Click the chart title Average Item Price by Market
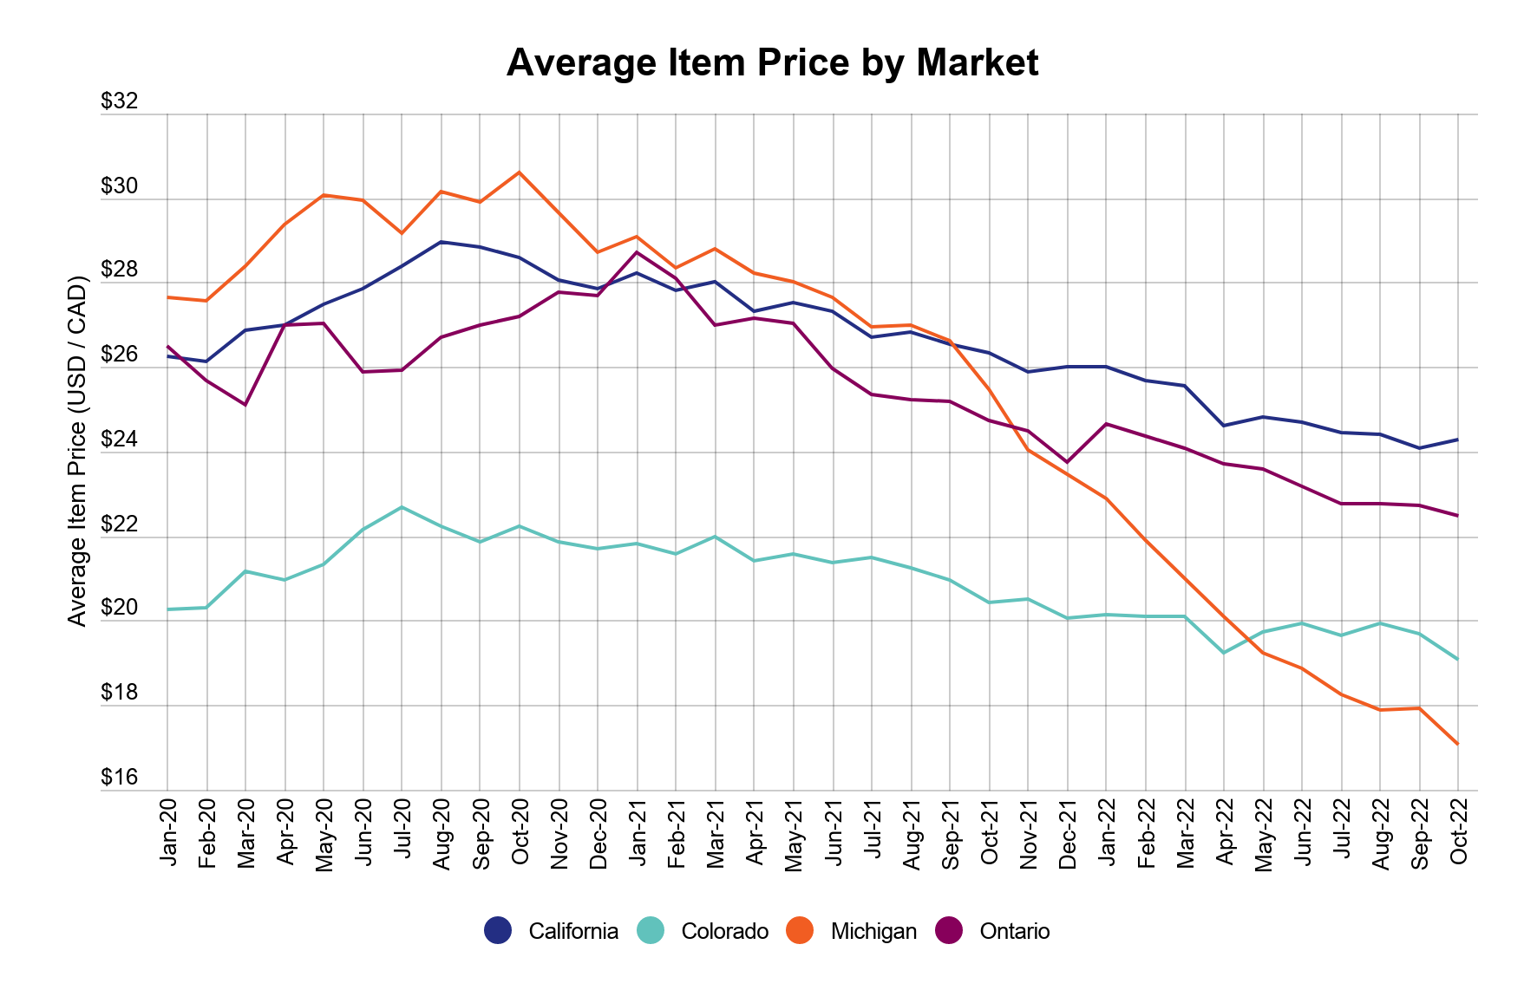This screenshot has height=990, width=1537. click(x=772, y=63)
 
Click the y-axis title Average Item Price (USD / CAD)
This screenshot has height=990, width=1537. click(x=78, y=451)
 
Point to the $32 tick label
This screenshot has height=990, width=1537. click(x=120, y=101)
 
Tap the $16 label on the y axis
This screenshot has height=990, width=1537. click(x=120, y=778)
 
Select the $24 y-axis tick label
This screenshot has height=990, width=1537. click(x=120, y=440)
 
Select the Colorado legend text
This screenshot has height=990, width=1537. click(x=724, y=931)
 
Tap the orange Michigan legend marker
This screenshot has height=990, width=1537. click(x=799, y=931)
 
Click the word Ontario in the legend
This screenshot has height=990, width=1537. click(x=1014, y=931)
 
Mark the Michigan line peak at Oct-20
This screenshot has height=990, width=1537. click(x=520, y=172)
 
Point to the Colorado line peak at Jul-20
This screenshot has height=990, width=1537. click(x=402, y=506)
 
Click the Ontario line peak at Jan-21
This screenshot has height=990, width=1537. click(x=637, y=252)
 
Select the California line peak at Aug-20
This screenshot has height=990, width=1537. click(x=441, y=242)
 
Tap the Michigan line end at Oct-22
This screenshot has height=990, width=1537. click(x=1458, y=744)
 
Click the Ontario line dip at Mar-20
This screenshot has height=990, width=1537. click(x=245, y=405)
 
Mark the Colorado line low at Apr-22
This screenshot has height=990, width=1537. click(x=1223, y=653)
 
